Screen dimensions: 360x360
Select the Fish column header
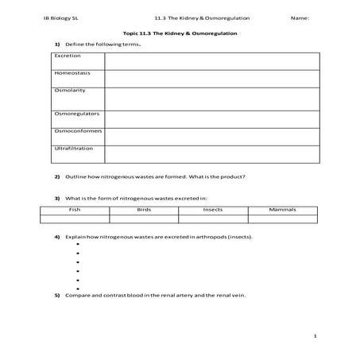click(x=75, y=209)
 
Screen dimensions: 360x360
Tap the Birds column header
click(x=144, y=209)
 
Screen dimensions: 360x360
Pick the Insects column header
click(x=213, y=209)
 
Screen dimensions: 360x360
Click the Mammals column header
click(x=282, y=209)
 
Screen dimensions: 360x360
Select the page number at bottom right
click(x=315, y=336)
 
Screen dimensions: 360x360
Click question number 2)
click(x=57, y=176)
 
